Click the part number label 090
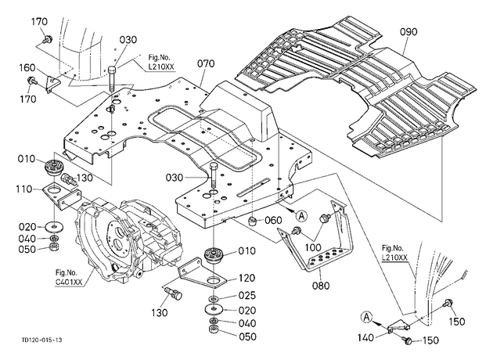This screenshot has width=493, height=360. tap(408, 32)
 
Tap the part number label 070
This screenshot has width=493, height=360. tap(206, 64)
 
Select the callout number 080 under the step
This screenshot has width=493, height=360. tap(321, 286)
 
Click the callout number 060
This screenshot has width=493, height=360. tap(273, 221)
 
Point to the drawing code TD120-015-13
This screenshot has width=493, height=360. tap(41, 340)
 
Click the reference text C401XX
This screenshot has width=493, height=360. tap(69, 283)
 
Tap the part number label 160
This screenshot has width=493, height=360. tap(27, 68)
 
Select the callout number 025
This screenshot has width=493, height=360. tap(247, 296)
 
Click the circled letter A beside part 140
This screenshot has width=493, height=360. tap(366, 317)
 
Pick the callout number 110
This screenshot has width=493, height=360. tap(24, 189)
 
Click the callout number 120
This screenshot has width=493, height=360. tap(246, 279)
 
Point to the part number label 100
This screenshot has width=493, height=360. tap(313, 247)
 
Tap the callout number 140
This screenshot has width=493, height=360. tap(365, 338)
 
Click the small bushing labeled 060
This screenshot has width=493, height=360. tap(253, 221)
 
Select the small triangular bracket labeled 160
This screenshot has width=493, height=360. tap(52, 84)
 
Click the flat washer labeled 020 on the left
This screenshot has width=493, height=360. tap(55, 226)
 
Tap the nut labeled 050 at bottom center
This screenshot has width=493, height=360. tap(214, 330)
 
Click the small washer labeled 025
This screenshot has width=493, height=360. tap(214, 297)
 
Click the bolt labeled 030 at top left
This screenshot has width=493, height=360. tap(113, 78)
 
